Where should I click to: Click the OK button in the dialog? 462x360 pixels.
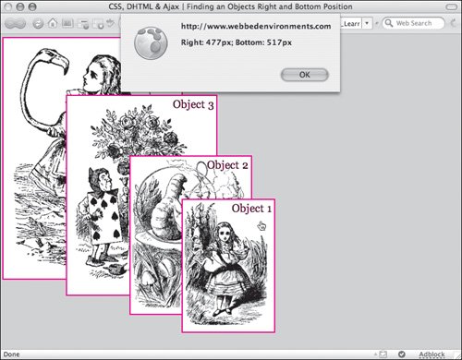[305, 75]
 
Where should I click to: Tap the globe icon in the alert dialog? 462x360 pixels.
[151, 43]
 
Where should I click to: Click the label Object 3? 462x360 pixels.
[193, 104]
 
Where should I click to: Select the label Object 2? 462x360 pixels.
[227, 165]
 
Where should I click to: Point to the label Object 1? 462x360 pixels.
[251, 209]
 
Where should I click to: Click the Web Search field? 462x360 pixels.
[414, 23]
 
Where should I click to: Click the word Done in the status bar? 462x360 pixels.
[12, 354]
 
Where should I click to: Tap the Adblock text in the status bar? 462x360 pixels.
[432, 354]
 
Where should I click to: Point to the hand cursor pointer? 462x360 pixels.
[261, 226]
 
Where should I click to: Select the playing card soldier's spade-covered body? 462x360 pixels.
[103, 218]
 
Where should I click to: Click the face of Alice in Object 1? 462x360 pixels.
[225, 235]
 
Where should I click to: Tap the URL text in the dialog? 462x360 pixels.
[256, 27]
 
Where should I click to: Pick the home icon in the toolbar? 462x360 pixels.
[53, 23]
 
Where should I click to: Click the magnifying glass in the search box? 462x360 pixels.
[389, 23]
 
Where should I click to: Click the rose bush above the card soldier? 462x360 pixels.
[136, 132]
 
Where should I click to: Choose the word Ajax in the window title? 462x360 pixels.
[171, 6]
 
